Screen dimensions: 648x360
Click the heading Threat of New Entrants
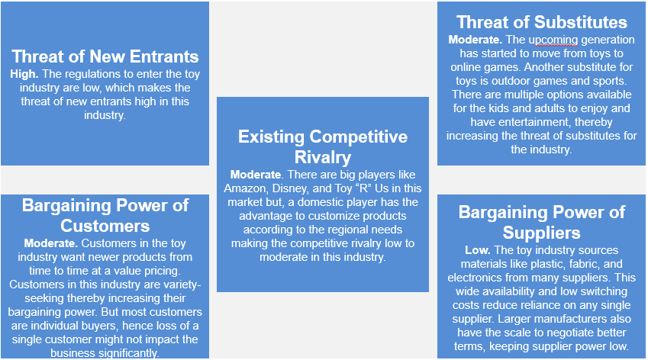coord(105,56)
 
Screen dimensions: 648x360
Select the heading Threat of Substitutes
coord(541,22)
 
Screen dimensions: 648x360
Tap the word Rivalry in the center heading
coord(323,157)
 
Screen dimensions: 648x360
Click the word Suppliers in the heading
coord(541,233)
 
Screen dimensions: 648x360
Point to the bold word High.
coord(24,74)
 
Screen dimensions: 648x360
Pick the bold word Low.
coord(478,250)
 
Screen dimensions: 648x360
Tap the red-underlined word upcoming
coord(553,40)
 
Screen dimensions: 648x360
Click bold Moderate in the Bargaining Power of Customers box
coord(51,243)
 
